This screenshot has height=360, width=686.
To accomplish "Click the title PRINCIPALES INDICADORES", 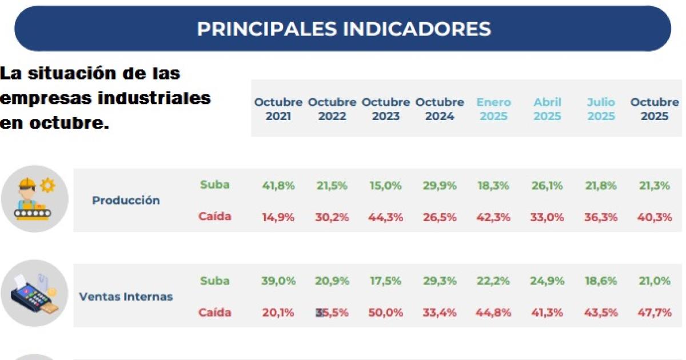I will [x=344, y=29].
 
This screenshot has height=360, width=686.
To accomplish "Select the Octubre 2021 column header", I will [x=278, y=109].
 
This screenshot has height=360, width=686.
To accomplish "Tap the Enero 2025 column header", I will [x=494, y=109].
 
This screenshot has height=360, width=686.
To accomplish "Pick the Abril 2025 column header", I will [x=547, y=109].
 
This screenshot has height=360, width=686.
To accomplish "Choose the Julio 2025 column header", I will [x=601, y=109].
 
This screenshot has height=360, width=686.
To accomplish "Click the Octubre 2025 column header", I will [x=655, y=109].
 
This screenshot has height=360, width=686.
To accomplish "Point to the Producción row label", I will [x=126, y=201].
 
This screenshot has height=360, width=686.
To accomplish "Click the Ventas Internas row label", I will [x=126, y=297].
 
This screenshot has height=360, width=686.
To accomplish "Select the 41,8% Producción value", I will [x=278, y=185].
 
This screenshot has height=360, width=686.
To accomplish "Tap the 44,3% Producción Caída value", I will [x=386, y=217].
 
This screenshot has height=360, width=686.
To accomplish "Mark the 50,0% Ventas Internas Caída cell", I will [x=386, y=313].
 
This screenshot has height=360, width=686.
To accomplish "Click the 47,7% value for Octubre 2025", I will [x=655, y=313].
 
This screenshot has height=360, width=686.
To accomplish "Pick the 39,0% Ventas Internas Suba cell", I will [x=278, y=281].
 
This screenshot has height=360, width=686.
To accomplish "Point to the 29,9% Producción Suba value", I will [x=440, y=185].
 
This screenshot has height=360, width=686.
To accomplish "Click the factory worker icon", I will [x=35, y=198].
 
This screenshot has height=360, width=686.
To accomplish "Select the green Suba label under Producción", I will [x=215, y=185].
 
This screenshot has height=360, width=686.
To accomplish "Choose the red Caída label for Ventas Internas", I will [x=215, y=313].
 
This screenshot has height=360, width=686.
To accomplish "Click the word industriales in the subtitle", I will [x=154, y=98].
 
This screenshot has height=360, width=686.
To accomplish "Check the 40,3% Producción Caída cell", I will [x=655, y=217].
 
